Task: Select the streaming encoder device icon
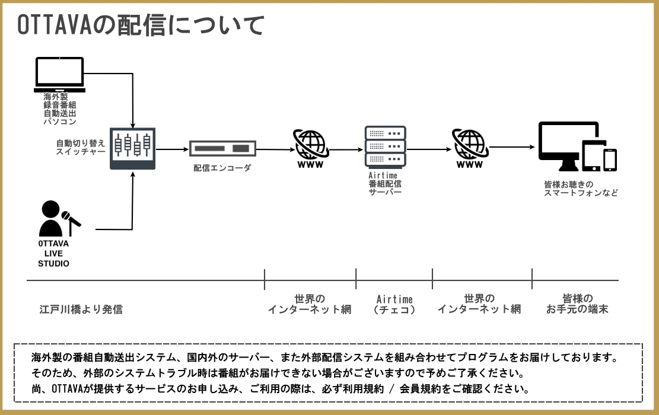click(x=222, y=148)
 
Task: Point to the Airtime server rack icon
click(x=386, y=146)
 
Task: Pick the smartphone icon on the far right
click(x=610, y=159)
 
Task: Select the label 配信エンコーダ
click(x=222, y=168)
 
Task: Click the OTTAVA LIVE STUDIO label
click(x=53, y=253)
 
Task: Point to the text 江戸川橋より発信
click(x=81, y=309)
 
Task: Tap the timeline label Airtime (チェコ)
click(x=394, y=304)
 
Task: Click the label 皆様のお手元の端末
click(x=577, y=304)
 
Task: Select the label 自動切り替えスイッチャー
click(x=81, y=148)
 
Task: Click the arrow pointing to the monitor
click(x=511, y=146)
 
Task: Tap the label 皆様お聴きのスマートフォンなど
click(x=581, y=189)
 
